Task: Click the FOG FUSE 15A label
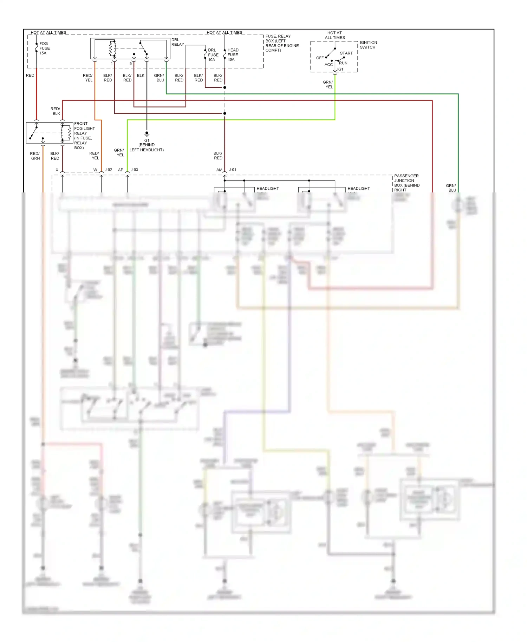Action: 44,48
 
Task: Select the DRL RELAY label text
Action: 177,42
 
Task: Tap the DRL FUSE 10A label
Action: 213,55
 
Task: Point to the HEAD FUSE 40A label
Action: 233,55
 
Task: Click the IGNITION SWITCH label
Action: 368,45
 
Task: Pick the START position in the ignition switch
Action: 346,53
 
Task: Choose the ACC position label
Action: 328,65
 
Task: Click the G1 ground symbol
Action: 147,134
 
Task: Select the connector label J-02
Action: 108,170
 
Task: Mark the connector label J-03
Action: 134,170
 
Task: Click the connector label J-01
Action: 233,170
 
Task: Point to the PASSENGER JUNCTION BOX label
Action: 406,183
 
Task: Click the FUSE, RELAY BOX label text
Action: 282,43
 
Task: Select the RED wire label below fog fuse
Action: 30,76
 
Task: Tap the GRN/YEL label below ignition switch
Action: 328,85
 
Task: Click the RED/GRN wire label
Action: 35,156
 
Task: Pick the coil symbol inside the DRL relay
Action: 112,48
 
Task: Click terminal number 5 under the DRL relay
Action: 131,64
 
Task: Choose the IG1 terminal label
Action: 340,70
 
